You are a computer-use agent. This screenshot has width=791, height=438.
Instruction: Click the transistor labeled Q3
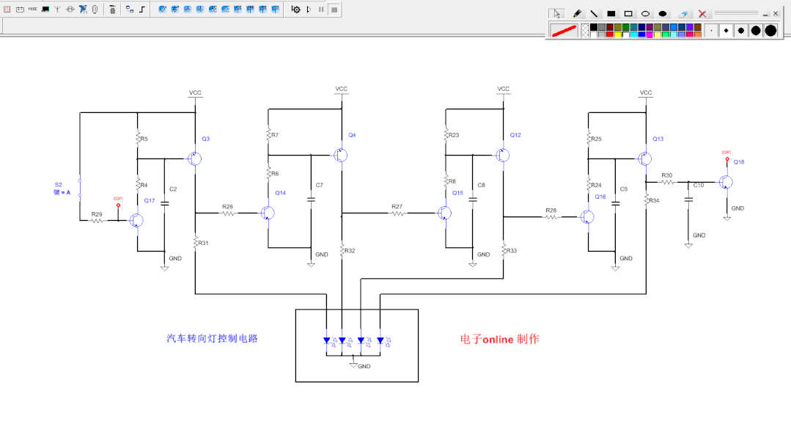194,158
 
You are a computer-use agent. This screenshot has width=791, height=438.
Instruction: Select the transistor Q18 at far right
726,182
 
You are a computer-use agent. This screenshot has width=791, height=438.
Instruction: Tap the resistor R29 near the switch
97,220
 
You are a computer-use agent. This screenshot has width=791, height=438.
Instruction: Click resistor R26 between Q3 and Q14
228,213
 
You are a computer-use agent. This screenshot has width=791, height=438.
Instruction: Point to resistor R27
397,213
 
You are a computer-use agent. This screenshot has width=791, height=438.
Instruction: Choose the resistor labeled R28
551,216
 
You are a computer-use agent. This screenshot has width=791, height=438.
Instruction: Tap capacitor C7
312,198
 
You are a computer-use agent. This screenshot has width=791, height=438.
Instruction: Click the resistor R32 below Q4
342,251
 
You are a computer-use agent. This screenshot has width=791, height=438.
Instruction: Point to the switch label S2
59,184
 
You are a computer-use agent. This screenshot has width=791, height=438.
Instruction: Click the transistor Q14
267,213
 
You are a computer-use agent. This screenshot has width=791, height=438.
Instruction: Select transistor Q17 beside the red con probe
136,220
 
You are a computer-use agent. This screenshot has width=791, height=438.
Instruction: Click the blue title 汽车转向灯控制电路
212,339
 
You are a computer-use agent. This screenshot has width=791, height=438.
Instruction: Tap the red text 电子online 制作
499,340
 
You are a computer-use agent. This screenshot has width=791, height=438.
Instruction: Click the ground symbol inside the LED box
353,363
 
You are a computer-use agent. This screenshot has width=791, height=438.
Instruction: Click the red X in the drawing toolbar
702,14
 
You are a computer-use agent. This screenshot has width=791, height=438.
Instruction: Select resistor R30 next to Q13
667,182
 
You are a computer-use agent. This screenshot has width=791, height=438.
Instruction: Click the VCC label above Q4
342,89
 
